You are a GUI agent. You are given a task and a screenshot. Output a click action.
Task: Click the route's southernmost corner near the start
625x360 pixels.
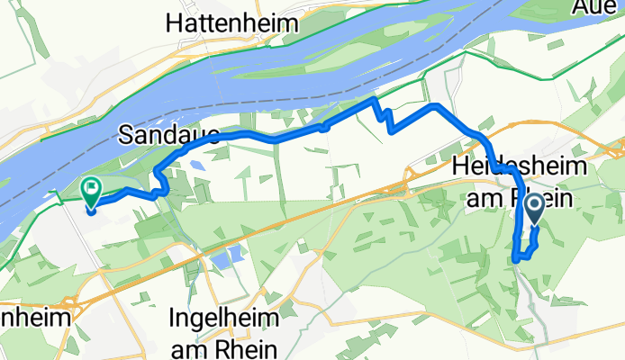(515, 260)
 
